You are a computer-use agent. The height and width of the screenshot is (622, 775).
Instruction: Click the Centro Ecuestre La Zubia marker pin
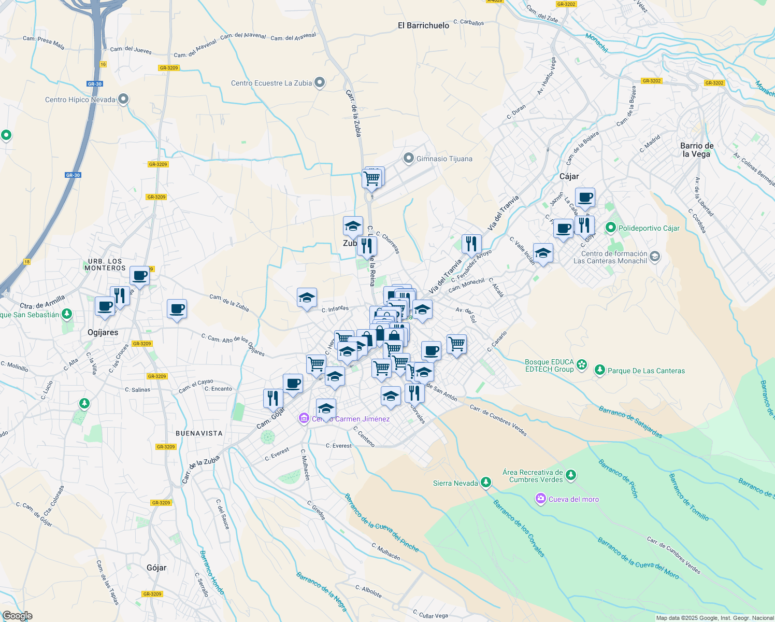(x=320, y=82)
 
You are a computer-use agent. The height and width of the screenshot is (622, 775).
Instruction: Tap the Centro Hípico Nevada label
(x=80, y=100)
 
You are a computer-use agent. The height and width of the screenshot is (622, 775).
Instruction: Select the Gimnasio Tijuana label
(x=444, y=159)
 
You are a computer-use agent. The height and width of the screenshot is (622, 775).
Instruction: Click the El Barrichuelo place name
(x=423, y=25)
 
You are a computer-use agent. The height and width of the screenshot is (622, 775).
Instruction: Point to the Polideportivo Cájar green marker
(x=610, y=228)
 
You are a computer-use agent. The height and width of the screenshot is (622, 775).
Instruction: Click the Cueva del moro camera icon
(x=541, y=499)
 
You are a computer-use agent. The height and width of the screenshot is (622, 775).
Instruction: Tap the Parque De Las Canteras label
(x=646, y=371)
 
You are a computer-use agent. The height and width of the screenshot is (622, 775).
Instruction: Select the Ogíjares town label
(x=103, y=332)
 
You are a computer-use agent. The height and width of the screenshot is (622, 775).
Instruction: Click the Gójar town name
(x=156, y=568)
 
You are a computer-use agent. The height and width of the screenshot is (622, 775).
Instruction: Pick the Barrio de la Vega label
(x=697, y=150)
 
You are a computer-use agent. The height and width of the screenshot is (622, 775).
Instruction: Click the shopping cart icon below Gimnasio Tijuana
(x=372, y=179)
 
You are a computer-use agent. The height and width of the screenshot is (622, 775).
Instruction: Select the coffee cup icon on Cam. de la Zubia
(x=177, y=309)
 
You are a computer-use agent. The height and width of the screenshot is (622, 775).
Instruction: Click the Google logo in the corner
(x=17, y=615)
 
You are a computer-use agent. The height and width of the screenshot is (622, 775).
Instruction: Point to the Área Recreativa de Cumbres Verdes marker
(x=570, y=475)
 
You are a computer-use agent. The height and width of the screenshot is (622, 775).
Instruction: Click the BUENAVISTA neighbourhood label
(x=199, y=433)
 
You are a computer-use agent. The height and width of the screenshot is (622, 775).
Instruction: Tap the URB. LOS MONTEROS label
(x=105, y=264)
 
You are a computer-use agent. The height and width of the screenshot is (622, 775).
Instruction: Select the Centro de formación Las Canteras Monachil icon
(x=655, y=257)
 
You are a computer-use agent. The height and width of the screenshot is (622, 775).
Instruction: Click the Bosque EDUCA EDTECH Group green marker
(x=582, y=365)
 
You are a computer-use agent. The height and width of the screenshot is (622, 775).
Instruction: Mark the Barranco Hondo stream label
(x=212, y=572)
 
